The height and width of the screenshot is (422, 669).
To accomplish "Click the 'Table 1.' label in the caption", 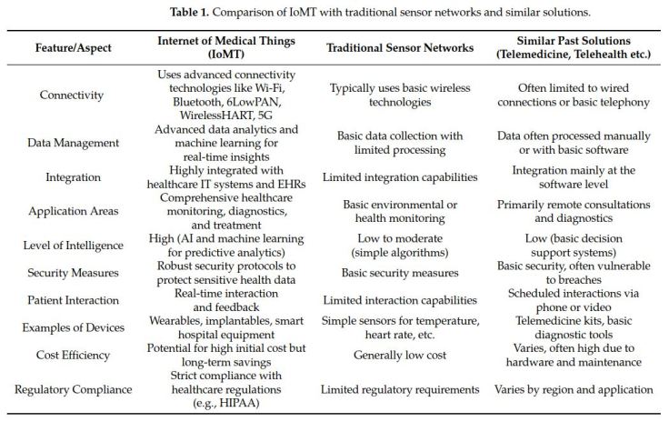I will click(x=185, y=13).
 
